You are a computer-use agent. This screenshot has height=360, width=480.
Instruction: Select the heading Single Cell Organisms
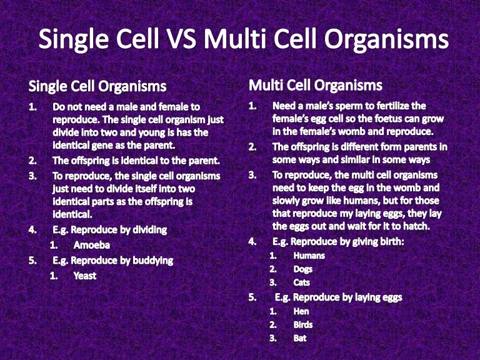97,86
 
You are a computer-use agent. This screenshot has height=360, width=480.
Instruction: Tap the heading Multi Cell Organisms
316,84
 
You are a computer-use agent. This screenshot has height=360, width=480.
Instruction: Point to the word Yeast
85,275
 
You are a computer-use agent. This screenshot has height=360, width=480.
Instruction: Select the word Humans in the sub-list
309,255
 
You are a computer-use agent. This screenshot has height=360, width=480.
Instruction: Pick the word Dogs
303,269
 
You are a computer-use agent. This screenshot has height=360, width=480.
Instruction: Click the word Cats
302,282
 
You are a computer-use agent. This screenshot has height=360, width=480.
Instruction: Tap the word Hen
301,311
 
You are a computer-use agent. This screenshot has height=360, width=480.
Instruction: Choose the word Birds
303,325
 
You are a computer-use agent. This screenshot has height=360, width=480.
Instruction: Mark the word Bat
300,339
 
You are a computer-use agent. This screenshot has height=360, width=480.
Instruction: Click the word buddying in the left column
151,260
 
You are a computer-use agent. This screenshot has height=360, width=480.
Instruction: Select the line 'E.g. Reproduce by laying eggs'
338,297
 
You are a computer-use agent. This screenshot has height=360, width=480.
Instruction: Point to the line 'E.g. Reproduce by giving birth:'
338,241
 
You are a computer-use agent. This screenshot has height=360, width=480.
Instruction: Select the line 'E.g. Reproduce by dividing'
110,229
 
